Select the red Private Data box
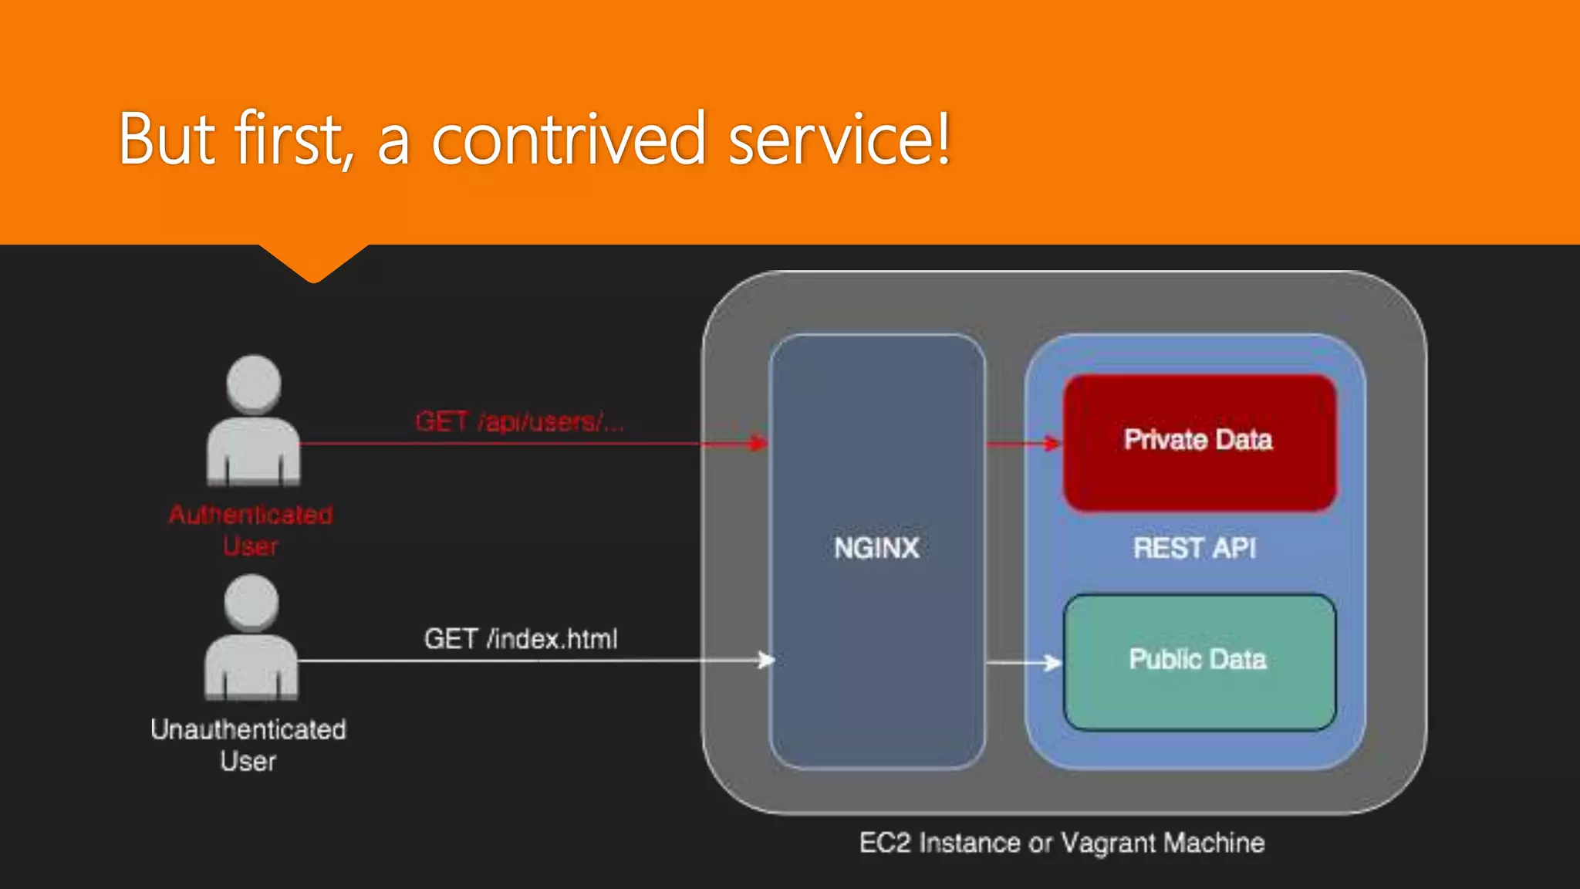(x=1199, y=442)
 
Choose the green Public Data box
(x=1199, y=661)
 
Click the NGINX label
(x=876, y=549)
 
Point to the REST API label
(x=1194, y=549)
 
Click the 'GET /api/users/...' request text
(x=519, y=422)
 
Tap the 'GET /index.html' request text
(x=521, y=639)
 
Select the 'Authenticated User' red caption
(x=251, y=530)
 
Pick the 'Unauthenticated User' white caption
(x=248, y=745)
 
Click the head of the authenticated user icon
(x=254, y=383)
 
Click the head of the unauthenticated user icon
(x=252, y=603)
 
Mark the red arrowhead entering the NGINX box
(x=760, y=443)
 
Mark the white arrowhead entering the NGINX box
(x=765, y=660)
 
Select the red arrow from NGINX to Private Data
(x=1023, y=444)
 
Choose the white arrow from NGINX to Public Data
(x=1023, y=662)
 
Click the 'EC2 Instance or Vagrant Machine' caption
(x=1062, y=843)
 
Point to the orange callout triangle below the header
(x=313, y=262)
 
